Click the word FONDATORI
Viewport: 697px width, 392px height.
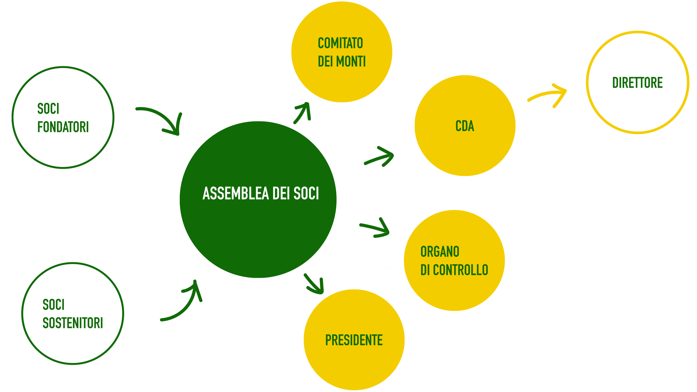pos(63,127)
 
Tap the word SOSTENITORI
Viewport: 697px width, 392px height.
pos(73,323)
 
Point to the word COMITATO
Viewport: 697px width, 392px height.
pos(340,43)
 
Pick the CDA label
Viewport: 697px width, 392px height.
pos(465,126)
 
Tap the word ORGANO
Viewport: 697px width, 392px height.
pos(440,252)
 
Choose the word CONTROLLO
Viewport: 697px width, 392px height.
pos(460,270)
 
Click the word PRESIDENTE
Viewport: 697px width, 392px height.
pos(354,340)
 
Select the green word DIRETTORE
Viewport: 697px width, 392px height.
pos(637,83)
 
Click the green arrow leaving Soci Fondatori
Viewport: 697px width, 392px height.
pos(163,119)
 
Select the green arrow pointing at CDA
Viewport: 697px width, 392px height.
pos(380,157)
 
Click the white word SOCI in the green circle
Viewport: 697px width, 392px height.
pos(306,193)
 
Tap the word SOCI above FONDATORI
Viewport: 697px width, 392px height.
pos(48,109)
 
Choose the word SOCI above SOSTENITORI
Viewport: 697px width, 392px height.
pos(53,305)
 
